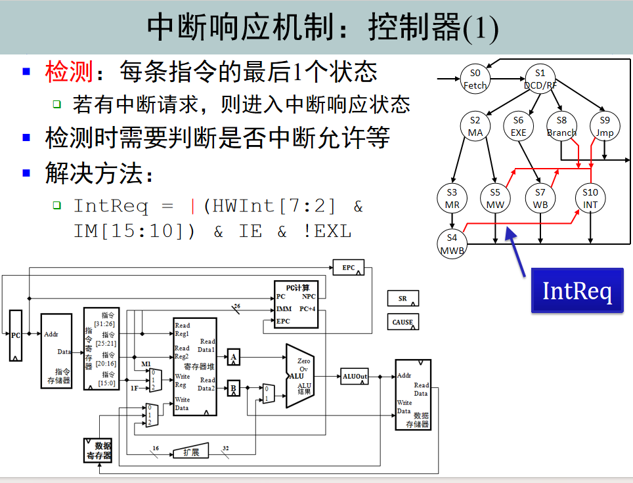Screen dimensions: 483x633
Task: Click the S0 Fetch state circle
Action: (475, 79)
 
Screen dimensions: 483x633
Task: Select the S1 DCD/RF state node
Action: (540, 79)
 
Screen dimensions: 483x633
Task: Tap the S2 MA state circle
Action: (475, 126)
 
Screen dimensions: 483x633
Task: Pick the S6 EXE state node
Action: (519, 126)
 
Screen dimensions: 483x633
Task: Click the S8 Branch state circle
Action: (561, 126)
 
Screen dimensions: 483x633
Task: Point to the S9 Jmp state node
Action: (605, 126)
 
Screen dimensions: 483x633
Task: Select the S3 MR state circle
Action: (452, 198)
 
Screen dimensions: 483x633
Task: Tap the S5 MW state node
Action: (494, 198)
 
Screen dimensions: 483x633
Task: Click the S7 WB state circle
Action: (540, 198)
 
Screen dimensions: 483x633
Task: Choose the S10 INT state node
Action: (590, 198)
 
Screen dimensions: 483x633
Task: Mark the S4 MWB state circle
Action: (452, 243)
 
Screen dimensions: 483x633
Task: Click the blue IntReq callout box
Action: (577, 289)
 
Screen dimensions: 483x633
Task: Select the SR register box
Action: (403, 299)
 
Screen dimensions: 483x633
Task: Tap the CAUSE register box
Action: (403, 322)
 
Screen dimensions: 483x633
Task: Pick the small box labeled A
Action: (233, 358)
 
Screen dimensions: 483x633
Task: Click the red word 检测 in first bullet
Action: (68, 71)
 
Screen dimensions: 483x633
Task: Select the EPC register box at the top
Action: (349, 268)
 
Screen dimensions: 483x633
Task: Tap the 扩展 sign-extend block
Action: (190, 452)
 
